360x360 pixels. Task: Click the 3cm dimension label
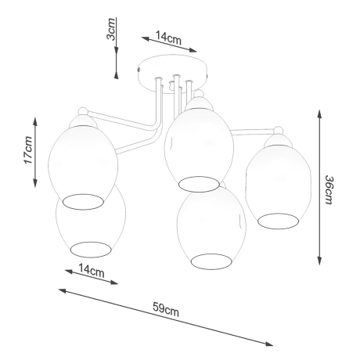point(112,33)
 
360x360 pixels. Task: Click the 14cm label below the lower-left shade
point(92,272)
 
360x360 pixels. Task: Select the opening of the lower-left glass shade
point(93,250)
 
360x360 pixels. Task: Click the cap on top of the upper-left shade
point(81,119)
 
